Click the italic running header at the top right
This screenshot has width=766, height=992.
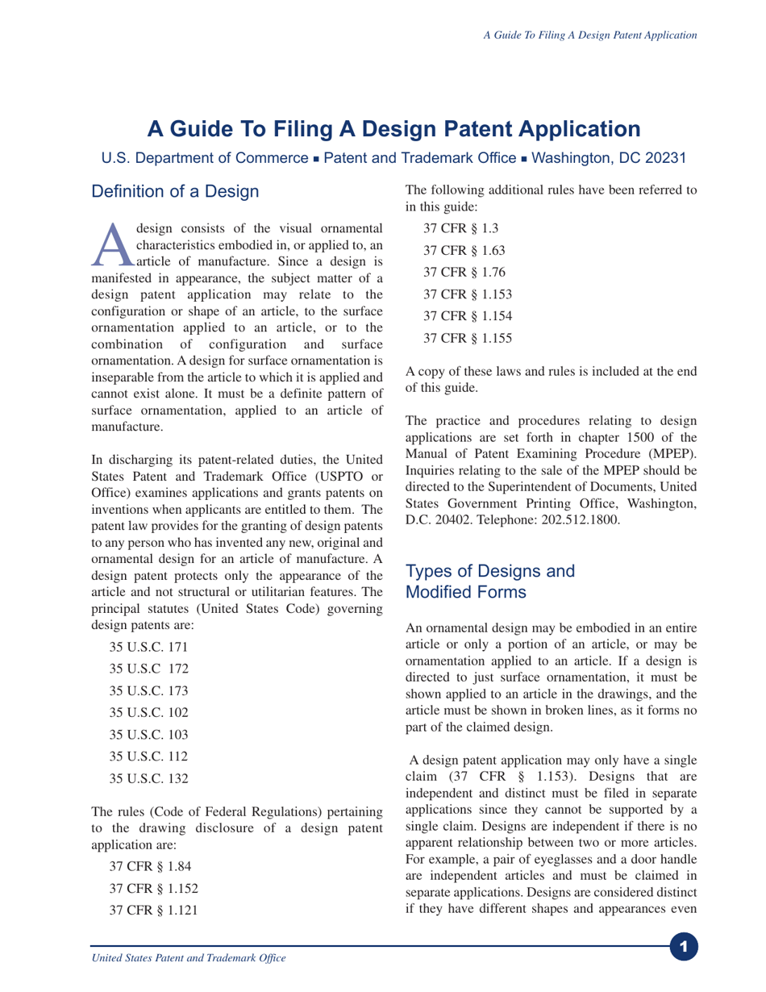(589, 35)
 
